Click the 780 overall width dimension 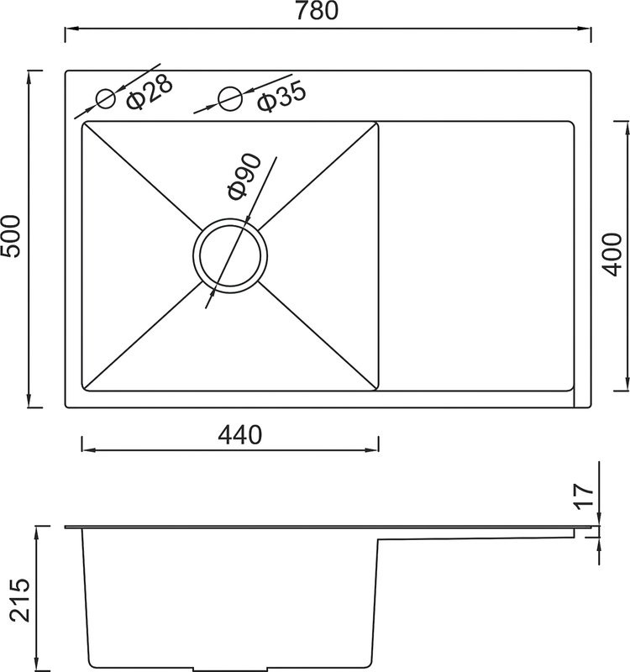[317, 11]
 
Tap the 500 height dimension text [11, 236]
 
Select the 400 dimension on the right [612, 255]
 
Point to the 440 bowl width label [239, 434]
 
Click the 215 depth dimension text [20, 600]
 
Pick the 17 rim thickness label [584, 496]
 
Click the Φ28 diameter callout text [150, 92]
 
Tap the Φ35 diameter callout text [281, 97]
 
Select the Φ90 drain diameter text [244, 176]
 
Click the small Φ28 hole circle [106, 99]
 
